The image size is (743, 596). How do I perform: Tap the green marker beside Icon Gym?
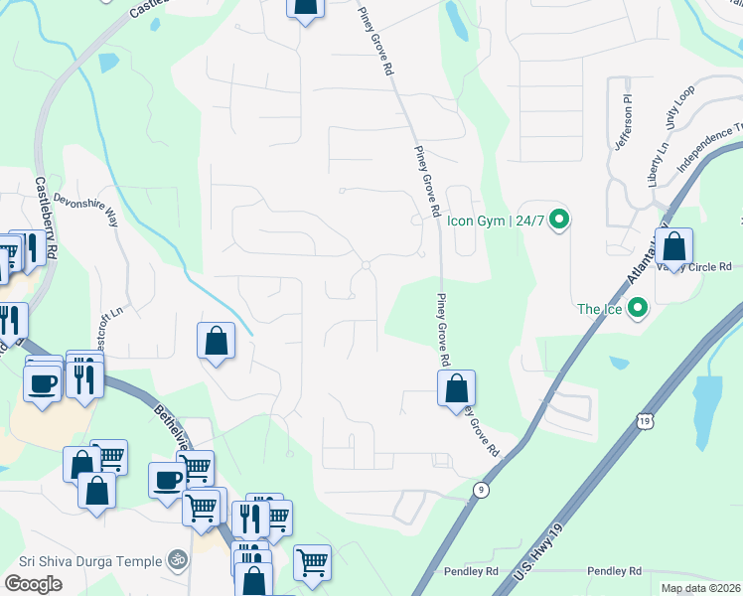tap(558, 220)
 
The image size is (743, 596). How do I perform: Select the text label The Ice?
tap(600, 309)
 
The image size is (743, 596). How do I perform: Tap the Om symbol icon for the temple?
tap(178, 560)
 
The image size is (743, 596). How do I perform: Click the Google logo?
tap(33, 583)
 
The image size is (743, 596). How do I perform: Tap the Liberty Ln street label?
tap(657, 164)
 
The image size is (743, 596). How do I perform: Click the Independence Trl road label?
tap(711, 147)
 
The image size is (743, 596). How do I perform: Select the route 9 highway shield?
tap(481, 489)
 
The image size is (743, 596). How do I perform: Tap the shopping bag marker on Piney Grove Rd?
tap(456, 389)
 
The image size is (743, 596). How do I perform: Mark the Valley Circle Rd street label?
tap(706, 267)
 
